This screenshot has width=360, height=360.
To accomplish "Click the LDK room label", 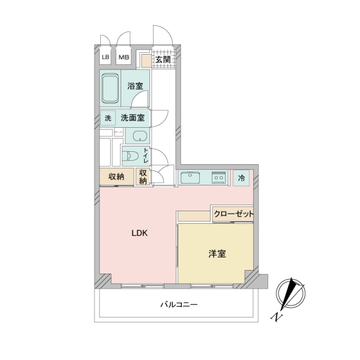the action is tap(139, 233).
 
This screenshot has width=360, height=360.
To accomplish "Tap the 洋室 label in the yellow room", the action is tap(217, 254).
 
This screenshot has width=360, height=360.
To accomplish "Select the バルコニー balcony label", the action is tap(179, 305).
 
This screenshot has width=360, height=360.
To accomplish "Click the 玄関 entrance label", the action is tap(163, 59).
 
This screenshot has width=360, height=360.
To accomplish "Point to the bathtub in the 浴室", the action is tap(110, 88).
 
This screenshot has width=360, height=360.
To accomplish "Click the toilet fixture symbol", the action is tap(130, 157).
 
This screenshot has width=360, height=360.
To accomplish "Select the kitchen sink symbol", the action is tap(190, 178).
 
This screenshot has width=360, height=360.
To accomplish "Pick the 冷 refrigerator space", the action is tap(241, 178).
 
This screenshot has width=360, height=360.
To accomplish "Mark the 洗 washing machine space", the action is tap(108, 118).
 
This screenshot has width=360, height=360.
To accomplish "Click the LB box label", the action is tap(106, 57).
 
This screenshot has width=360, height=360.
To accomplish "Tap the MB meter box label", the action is tap(124, 57).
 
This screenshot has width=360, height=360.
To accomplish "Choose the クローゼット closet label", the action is tap(233, 214).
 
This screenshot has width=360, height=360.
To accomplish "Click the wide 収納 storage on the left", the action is tap(116, 176).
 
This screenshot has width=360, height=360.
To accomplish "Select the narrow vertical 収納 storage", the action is tap(143, 176).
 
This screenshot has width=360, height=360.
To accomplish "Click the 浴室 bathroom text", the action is tap(135, 86).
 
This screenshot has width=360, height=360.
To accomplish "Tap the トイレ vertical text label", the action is tap(146, 156).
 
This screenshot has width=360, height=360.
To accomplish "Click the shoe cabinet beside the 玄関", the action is tap(146, 61).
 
